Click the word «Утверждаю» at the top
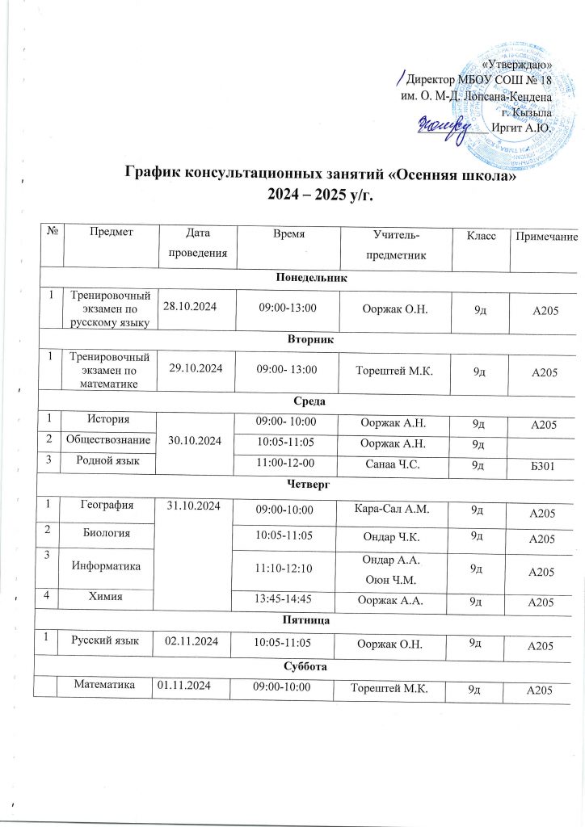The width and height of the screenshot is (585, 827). [x=516, y=64]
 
